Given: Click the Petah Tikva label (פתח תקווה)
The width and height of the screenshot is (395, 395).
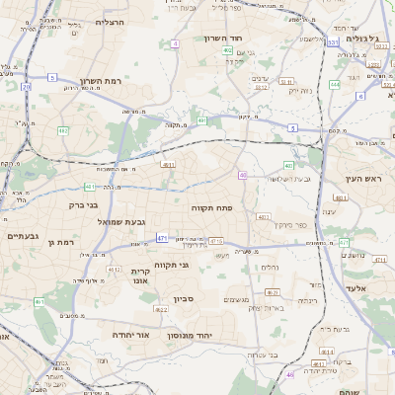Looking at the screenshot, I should coord(211,208).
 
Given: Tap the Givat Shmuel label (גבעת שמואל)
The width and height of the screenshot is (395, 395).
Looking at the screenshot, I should coord(118,222).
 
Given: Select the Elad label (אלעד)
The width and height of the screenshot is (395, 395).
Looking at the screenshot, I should coord(356,287).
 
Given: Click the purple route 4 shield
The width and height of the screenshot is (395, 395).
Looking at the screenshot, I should coord(175,43).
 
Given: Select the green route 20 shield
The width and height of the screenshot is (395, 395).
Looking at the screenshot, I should coord(27,87).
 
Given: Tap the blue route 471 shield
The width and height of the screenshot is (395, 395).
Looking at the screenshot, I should coord(161,238).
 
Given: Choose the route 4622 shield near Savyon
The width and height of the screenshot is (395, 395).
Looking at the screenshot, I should coord(161,309).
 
